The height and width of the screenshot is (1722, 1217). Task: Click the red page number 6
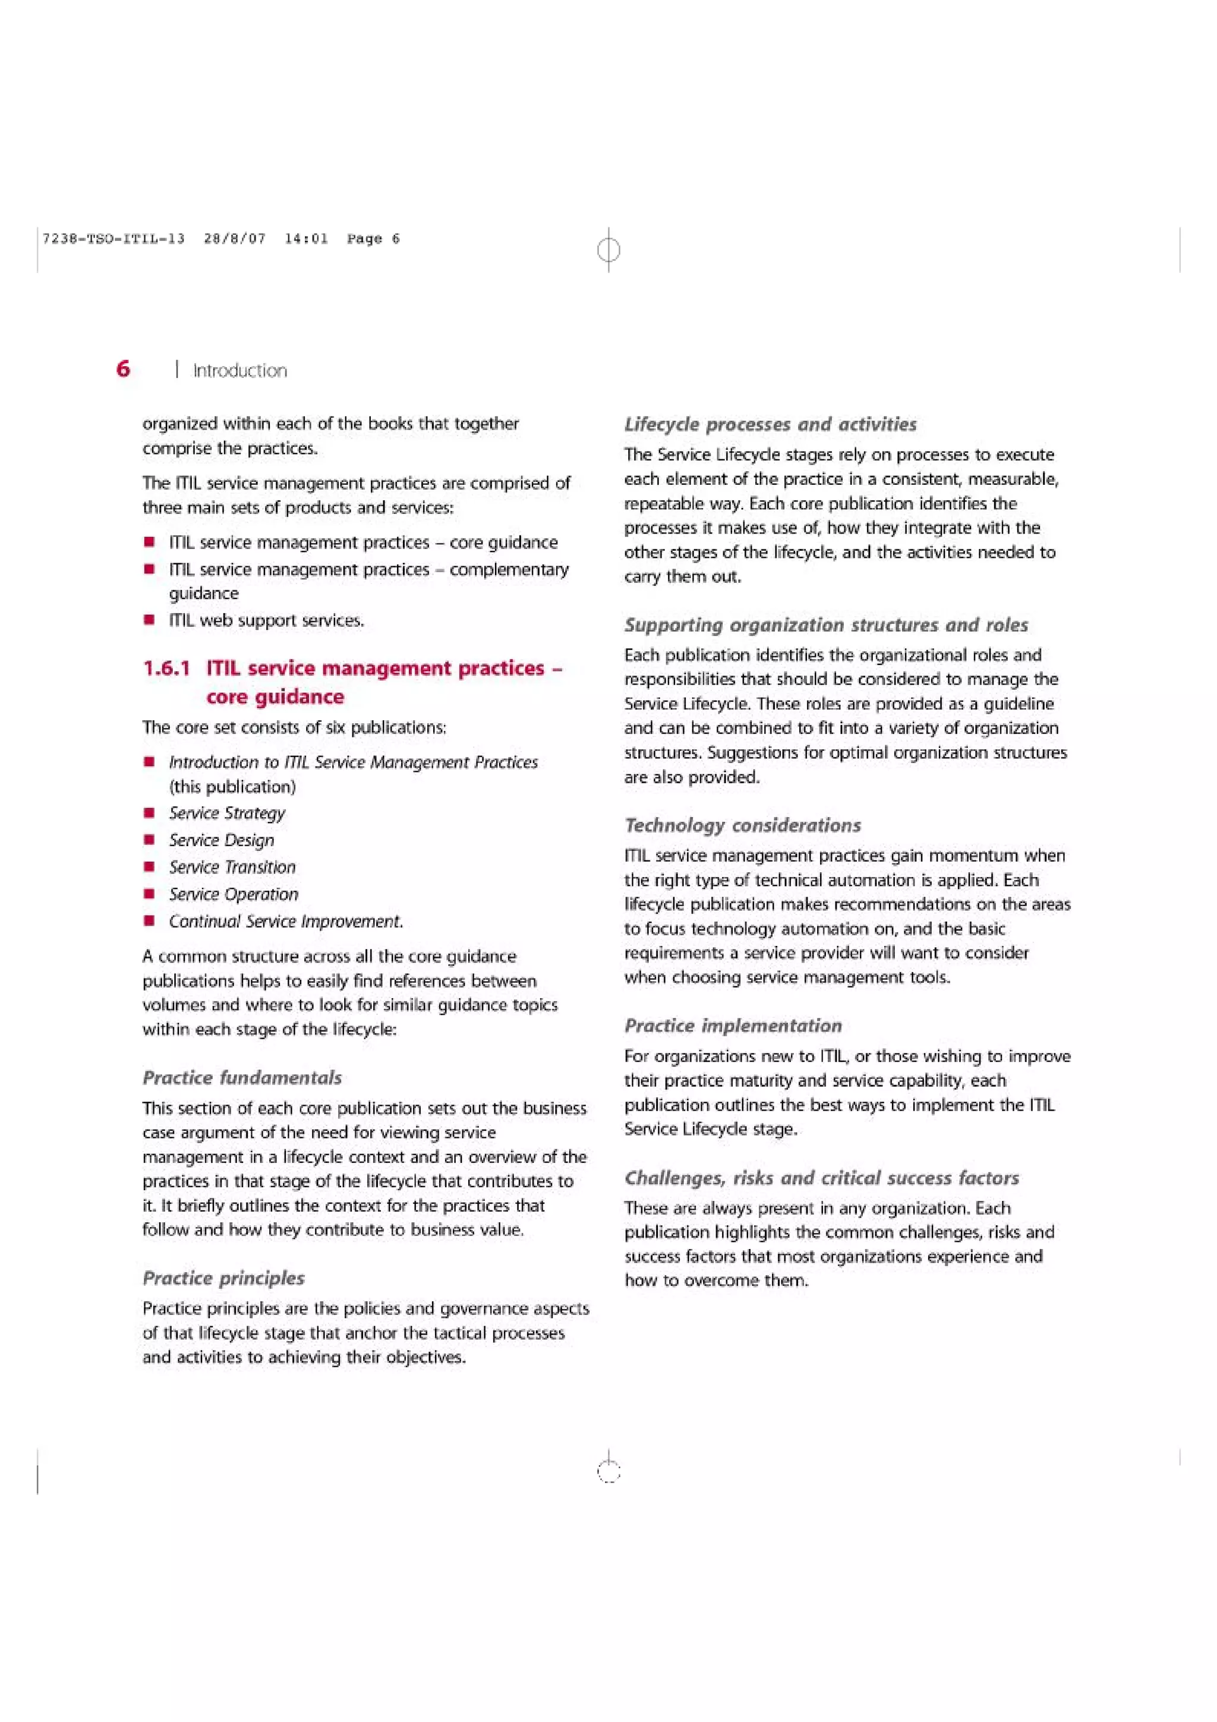tap(123, 368)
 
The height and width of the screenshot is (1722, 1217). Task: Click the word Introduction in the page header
tap(240, 371)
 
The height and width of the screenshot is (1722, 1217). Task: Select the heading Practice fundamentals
tap(242, 1077)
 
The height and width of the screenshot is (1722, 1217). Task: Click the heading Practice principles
tap(223, 1278)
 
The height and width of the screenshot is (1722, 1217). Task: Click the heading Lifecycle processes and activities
tap(770, 424)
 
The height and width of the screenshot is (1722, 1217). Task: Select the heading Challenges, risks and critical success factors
tap(821, 1178)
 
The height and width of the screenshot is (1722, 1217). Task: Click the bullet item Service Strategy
tap(227, 813)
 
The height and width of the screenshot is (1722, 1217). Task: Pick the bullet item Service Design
tap(221, 840)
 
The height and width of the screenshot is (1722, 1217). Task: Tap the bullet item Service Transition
tap(232, 867)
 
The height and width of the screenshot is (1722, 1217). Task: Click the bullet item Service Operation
tap(233, 894)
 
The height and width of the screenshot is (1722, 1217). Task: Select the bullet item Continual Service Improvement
tap(286, 921)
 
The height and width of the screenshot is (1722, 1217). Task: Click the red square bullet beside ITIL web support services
tap(150, 620)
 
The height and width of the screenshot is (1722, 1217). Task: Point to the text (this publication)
tap(232, 787)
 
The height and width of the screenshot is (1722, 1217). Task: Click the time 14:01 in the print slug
tap(306, 238)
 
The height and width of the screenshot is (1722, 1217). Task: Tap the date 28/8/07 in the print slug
tap(235, 238)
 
